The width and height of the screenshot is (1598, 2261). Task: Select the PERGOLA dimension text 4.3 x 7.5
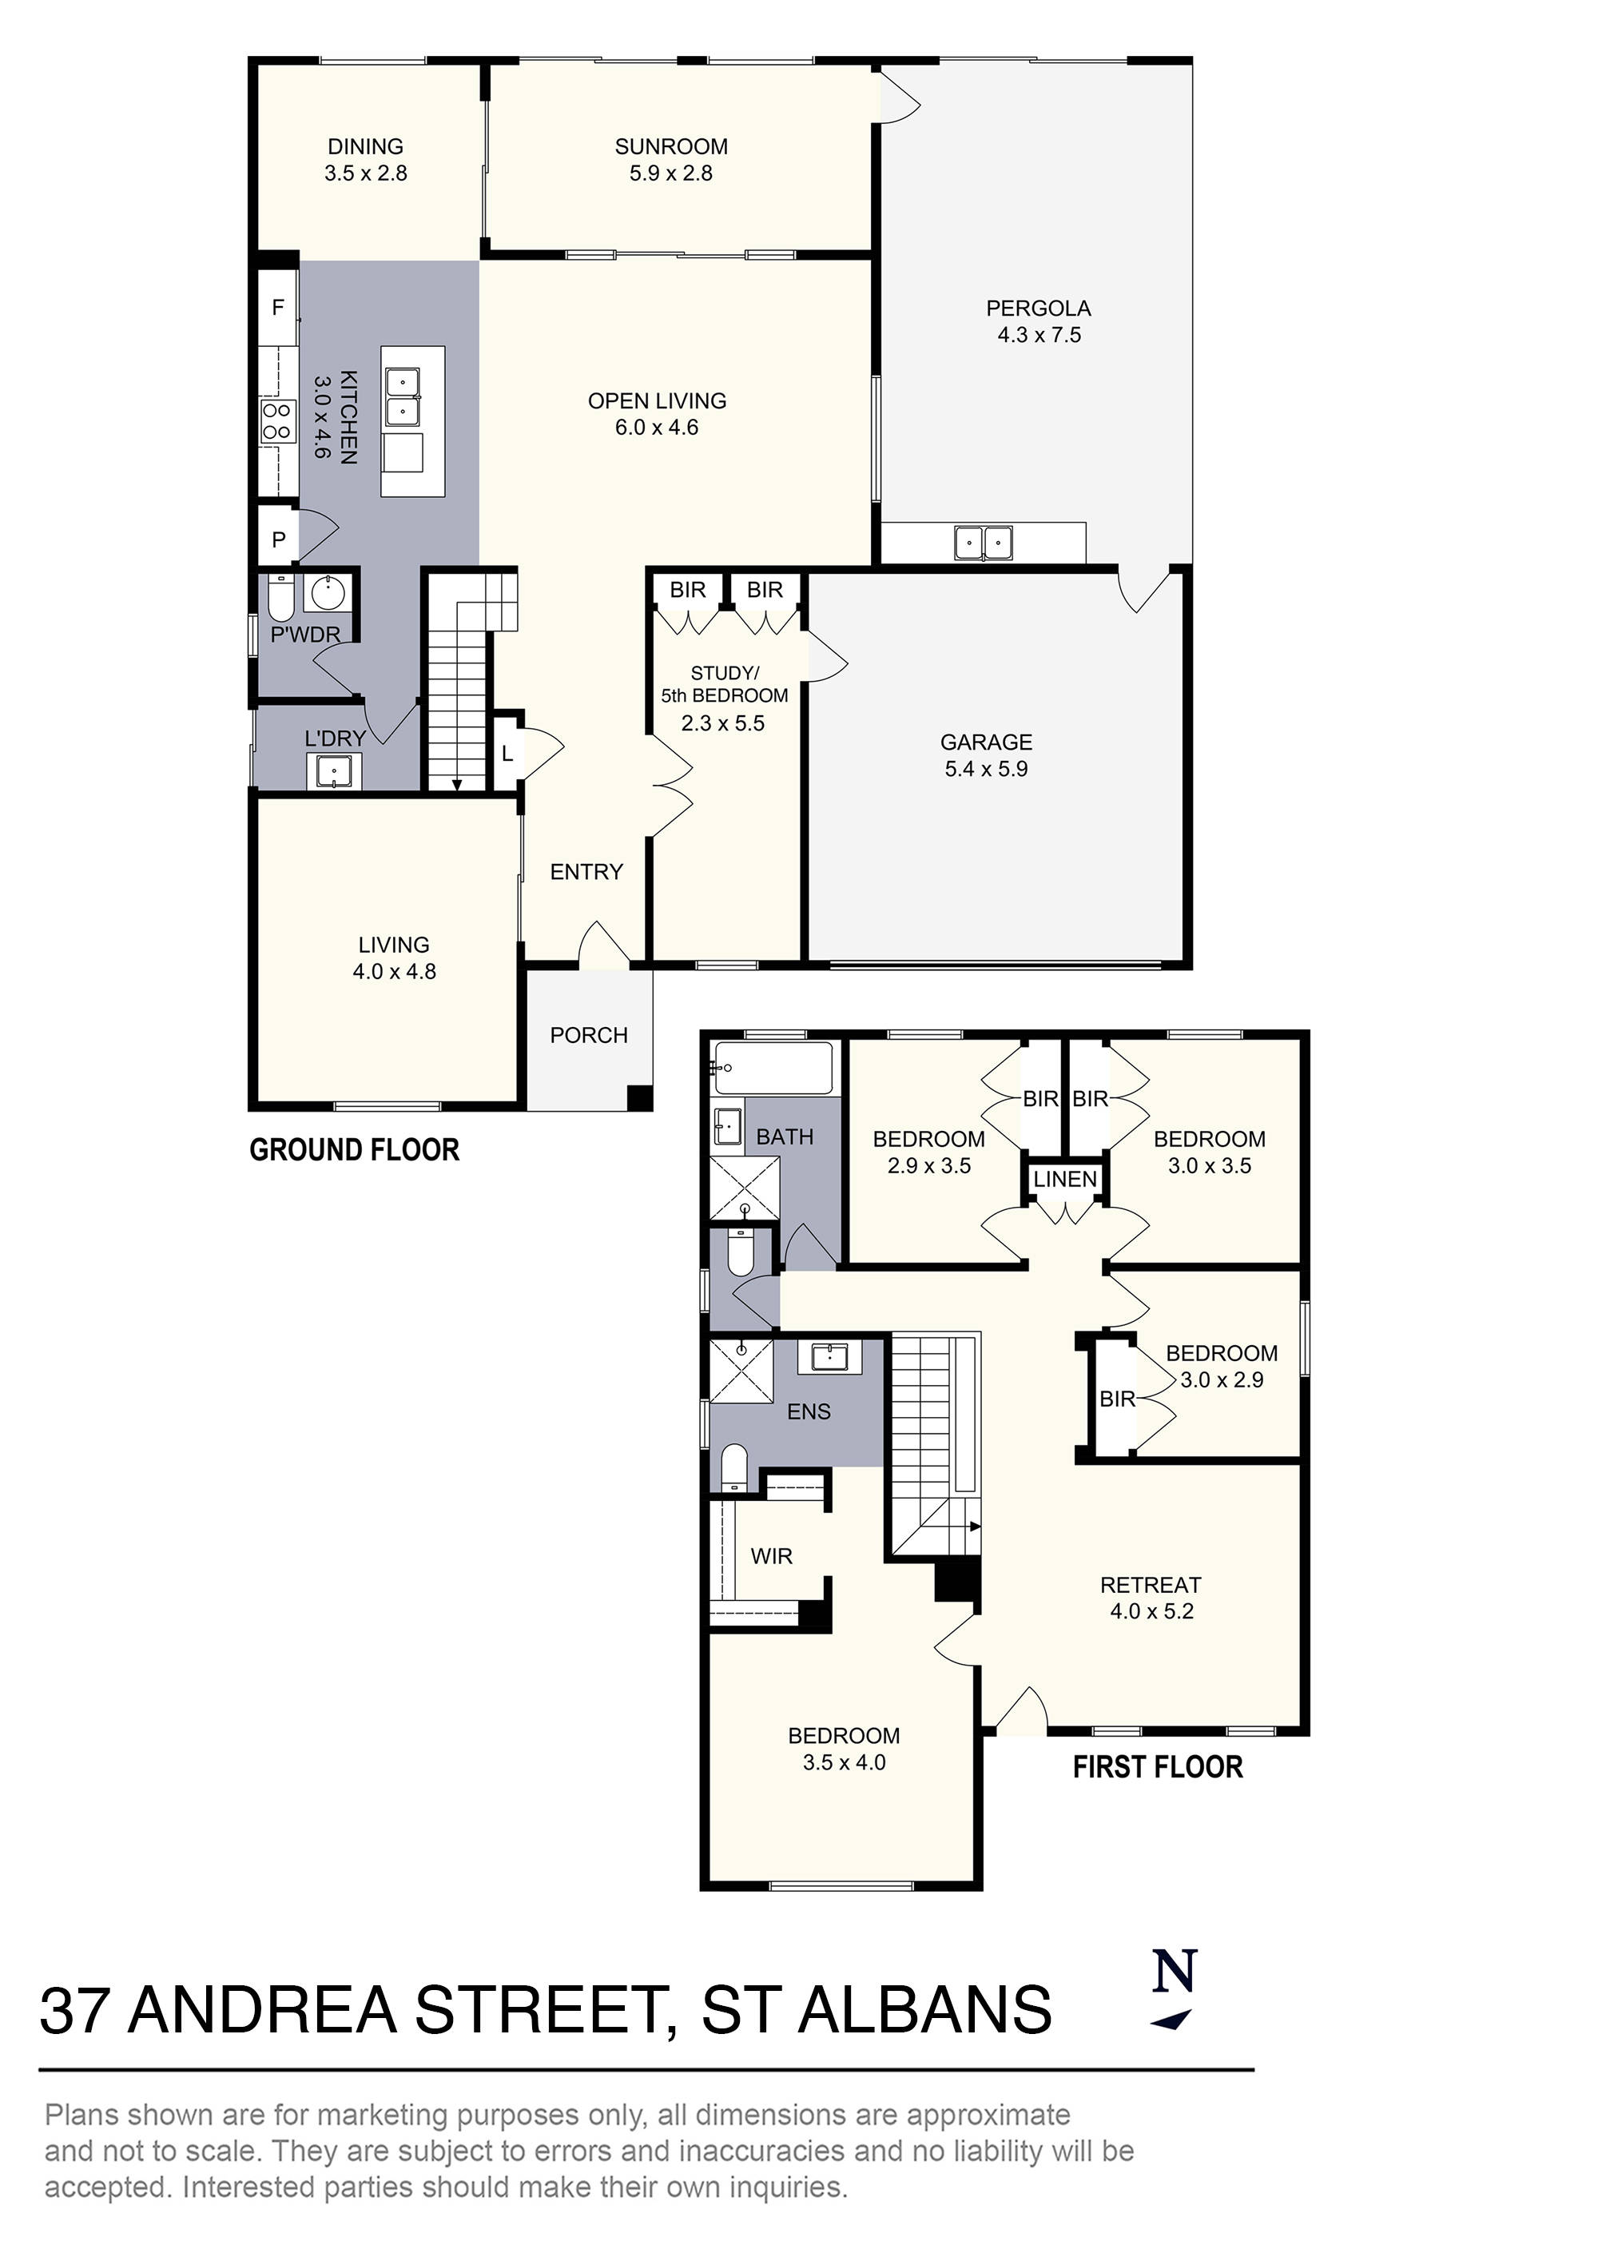[1039, 335]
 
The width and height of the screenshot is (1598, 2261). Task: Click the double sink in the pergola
[983, 543]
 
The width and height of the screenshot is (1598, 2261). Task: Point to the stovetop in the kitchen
[276, 421]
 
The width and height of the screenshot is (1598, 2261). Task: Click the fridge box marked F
[278, 307]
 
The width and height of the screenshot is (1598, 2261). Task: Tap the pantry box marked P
[279, 539]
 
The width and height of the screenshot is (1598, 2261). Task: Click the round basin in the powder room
[326, 593]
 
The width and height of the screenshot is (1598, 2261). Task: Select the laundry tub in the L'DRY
[335, 771]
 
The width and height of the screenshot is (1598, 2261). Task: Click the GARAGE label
[986, 742]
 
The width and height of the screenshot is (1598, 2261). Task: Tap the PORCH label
[589, 1035]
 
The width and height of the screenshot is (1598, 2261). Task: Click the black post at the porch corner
[640, 1098]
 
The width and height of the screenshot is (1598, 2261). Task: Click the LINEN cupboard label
[1064, 1179]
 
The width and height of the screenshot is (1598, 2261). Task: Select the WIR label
[771, 1556]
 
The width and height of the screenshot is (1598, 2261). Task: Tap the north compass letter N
[1175, 1971]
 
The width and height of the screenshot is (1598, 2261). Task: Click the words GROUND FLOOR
[355, 1150]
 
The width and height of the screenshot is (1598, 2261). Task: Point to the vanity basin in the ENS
[836, 1358]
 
